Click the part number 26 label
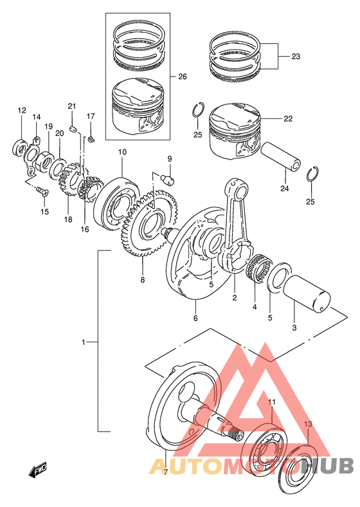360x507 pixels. [x=183, y=77]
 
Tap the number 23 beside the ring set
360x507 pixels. [x=296, y=57]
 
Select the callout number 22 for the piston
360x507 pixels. [x=288, y=118]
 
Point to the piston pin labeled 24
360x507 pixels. [x=282, y=156]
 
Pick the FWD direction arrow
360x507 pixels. [x=38, y=470]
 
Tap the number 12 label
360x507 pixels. [x=22, y=111]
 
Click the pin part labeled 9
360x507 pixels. [x=167, y=179]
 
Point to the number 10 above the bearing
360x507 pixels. [x=122, y=152]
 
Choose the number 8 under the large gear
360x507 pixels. [x=143, y=280]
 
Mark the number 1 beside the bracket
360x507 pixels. [x=84, y=342]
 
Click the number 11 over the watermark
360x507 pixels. [x=272, y=402]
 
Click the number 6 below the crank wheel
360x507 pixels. [x=195, y=318]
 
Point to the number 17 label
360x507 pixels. [x=91, y=116]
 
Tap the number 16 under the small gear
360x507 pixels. [x=85, y=229]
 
